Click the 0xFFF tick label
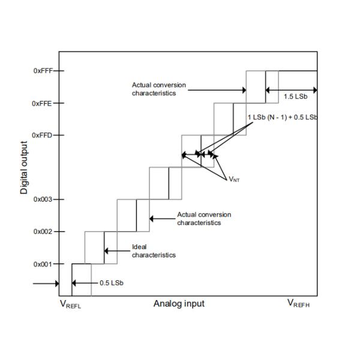(43, 71)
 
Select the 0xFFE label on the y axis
(43, 103)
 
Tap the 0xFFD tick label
(43, 135)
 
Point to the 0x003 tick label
(43, 199)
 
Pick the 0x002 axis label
(43, 232)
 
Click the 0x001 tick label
(43, 264)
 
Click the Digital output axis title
(25, 168)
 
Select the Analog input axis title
(179, 304)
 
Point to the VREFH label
(298, 304)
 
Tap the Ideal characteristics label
(154, 251)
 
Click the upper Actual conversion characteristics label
(158, 89)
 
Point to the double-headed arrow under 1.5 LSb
(291, 91)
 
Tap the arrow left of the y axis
(46, 283)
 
